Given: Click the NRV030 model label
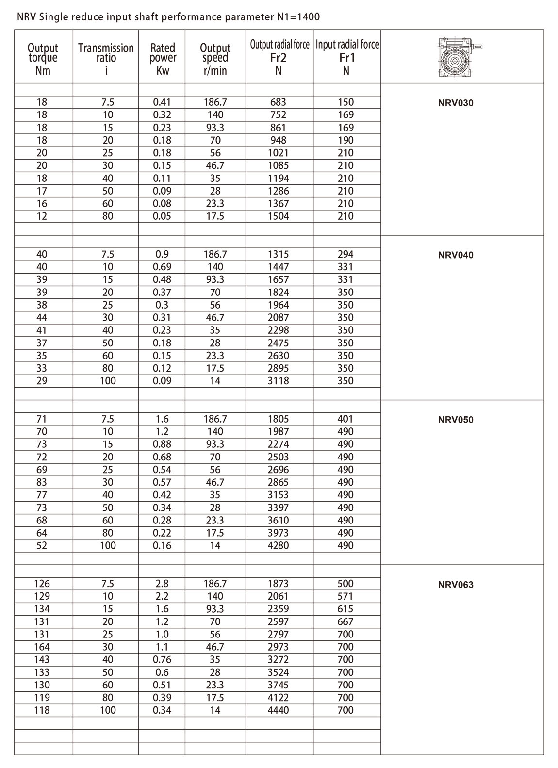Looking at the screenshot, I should pyautogui.click(x=455, y=103).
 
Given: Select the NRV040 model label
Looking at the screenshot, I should pyautogui.click(x=455, y=255).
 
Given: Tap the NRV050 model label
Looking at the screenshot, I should pyautogui.click(x=455, y=420).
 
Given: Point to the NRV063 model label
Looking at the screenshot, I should pyautogui.click(x=455, y=584).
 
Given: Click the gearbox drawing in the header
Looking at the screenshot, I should pyautogui.click(x=459, y=57).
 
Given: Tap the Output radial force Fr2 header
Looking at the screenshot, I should pyautogui.click(x=279, y=57).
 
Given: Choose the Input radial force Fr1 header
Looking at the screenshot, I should pyautogui.click(x=346, y=57).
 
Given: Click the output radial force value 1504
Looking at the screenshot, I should pyautogui.click(x=278, y=216).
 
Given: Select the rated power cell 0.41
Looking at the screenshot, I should pyautogui.click(x=162, y=102).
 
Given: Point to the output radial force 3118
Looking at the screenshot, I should pyautogui.click(x=278, y=381).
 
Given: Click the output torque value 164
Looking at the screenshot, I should pyautogui.click(x=42, y=647).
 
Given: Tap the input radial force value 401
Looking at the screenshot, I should pyautogui.click(x=345, y=419).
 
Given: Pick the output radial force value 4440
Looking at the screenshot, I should pyautogui.click(x=278, y=710).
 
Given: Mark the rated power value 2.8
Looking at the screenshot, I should pyautogui.click(x=162, y=583).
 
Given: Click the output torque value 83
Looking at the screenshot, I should pyautogui.click(x=42, y=482).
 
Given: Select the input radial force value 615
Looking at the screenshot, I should pyautogui.click(x=345, y=609).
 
